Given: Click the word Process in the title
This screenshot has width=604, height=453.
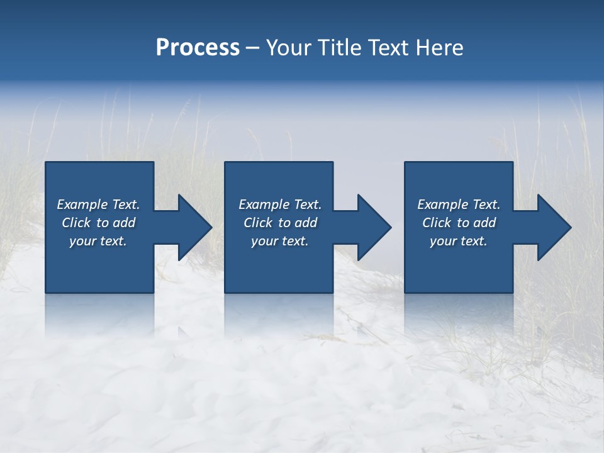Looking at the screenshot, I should (198, 48).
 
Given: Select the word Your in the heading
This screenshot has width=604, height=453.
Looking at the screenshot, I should (289, 48).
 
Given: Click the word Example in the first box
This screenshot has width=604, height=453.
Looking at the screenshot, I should (82, 204).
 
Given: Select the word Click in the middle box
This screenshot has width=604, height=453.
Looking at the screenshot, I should (258, 223).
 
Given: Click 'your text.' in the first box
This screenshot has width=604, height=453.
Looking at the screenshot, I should (98, 241).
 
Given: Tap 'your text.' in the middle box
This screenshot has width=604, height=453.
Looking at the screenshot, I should (279, 241).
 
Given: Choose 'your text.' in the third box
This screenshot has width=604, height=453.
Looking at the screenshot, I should (459, 241).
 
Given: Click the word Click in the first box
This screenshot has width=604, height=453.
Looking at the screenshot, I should (76, 223).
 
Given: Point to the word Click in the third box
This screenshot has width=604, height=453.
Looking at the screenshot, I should (437, 223).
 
